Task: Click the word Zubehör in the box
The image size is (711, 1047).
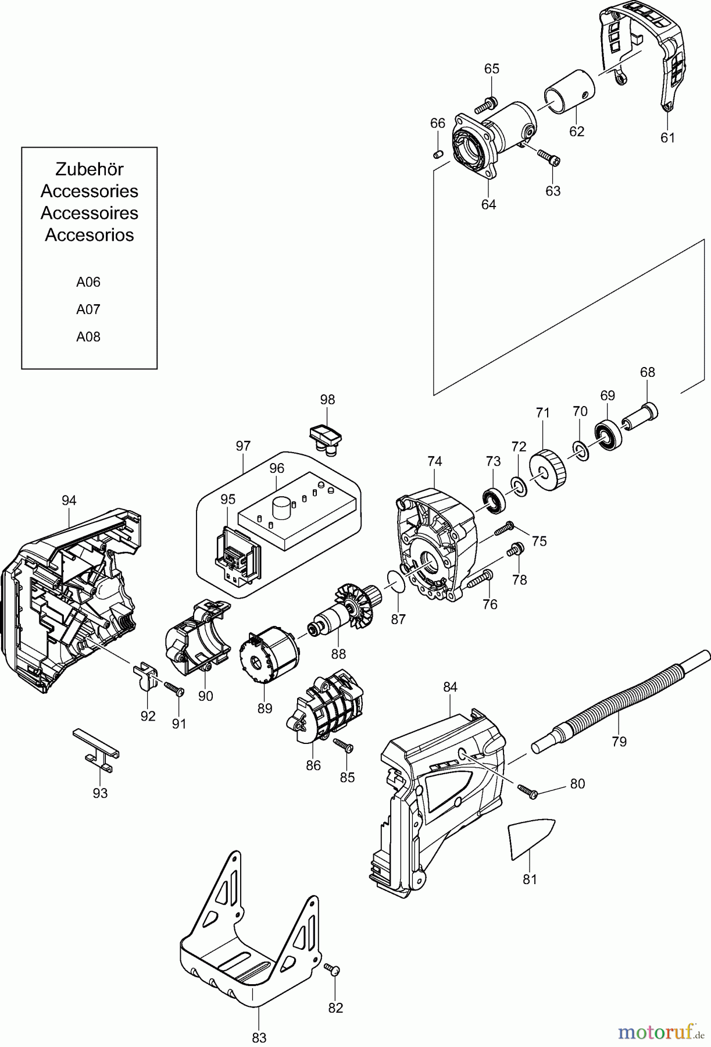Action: point(89,169)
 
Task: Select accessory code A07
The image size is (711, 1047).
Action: point(88,309)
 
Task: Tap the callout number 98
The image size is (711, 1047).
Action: point(327,400)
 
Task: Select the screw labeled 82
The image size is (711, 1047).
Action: point(333,969)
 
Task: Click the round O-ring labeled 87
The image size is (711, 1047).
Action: point(396,581)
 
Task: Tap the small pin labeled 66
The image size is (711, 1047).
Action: point(439,154)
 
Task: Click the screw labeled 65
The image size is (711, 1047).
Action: point(485,106)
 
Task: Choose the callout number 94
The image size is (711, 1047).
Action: point(69,500)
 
